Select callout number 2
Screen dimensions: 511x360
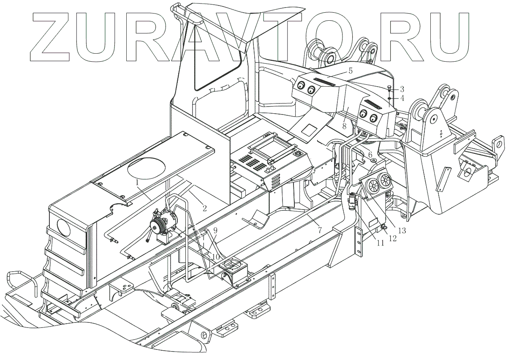204,207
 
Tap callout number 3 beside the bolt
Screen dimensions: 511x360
402,89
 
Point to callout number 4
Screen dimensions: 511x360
402,98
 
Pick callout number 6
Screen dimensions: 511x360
370,155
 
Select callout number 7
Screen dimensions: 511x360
320,230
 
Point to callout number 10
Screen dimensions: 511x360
215,257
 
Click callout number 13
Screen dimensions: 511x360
401,230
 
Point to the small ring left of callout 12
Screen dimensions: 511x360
384,229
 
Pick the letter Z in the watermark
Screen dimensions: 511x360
53,35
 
